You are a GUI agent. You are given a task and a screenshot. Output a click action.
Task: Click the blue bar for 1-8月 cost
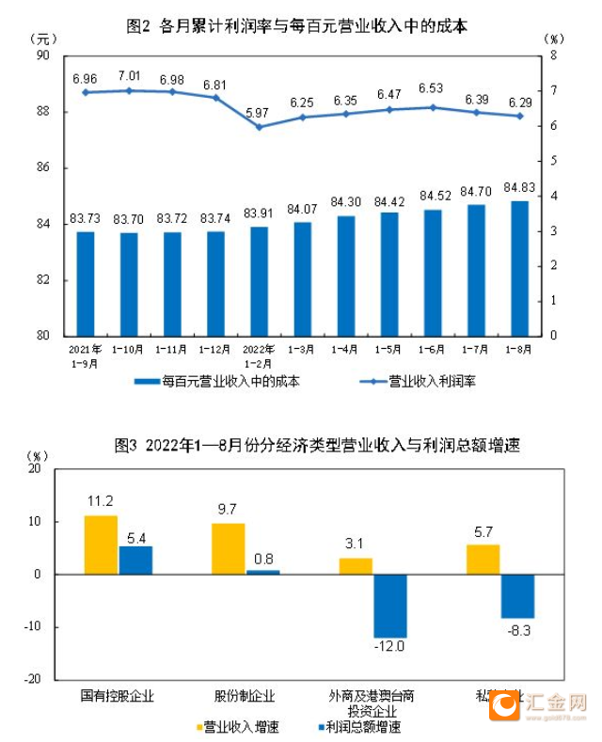519,268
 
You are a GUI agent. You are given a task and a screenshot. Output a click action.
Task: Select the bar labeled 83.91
259,280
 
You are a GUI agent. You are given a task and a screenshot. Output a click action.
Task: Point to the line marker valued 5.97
259,126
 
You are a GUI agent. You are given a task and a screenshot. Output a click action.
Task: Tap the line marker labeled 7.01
129,90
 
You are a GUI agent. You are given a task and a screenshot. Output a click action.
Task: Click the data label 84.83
519,186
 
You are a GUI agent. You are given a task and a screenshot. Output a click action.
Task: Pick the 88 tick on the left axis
43,112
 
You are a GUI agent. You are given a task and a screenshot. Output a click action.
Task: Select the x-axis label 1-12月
215,349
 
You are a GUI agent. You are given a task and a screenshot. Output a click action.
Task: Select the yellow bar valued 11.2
101,545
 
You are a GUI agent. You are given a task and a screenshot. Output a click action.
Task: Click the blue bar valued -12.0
389,606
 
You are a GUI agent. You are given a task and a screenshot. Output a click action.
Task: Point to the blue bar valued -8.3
517,595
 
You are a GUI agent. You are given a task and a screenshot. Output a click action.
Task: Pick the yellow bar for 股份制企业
229,548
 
